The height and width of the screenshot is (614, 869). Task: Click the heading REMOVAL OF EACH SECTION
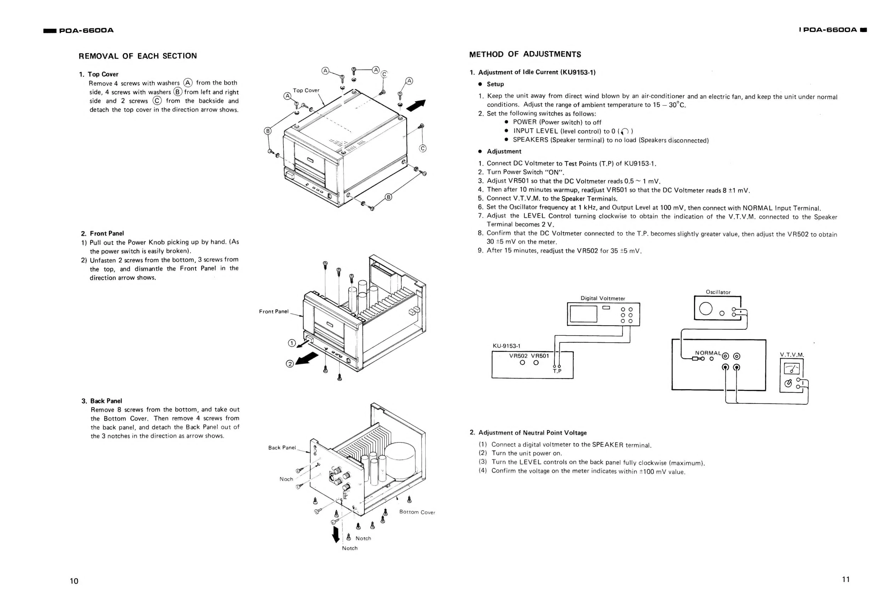[138, 56]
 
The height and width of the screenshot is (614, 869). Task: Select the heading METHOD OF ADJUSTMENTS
[525, 54]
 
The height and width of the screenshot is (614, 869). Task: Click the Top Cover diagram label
[306, 90]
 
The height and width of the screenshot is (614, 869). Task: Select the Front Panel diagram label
[274, 312]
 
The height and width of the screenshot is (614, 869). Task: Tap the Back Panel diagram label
[282, 447]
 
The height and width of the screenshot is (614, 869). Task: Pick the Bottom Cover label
[417, 512]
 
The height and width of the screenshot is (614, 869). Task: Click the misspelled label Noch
[286, 479]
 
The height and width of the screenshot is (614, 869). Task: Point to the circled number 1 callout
[292, 343]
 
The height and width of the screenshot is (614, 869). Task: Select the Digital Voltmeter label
[603, 298]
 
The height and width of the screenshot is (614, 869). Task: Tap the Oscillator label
[718, 292]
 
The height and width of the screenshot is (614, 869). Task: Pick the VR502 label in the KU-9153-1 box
[518, 356]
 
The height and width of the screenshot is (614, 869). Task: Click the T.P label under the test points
[557, 371]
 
